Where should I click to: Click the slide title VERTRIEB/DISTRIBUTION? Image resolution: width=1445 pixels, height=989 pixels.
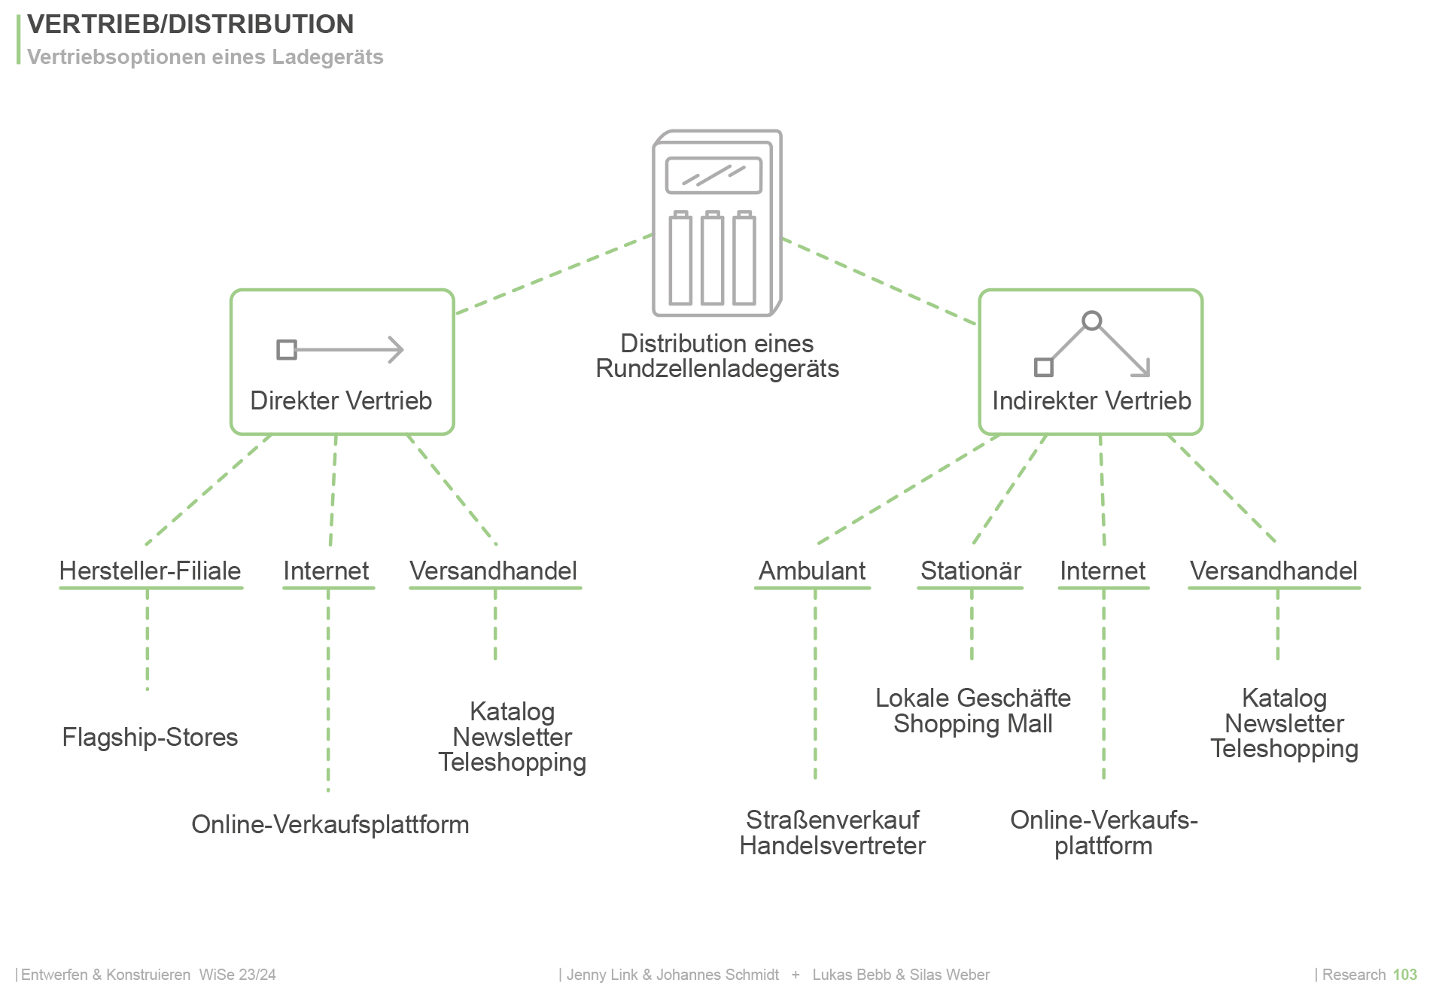pyautogui.click(x=190, y=24)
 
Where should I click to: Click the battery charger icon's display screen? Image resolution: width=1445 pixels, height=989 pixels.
pyautogui.click(x=713, y=175)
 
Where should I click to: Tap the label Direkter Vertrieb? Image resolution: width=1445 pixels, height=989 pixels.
pyautogui.click(x=341, y=400)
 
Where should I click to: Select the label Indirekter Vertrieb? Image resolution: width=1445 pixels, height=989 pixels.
pyautogui.click(x=1091, y=400)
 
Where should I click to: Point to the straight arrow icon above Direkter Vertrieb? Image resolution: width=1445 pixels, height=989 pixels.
pyautogui.click(x=341, y=349)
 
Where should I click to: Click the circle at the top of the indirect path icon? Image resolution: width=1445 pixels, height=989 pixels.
pyautogui.click(x=1091, y=321)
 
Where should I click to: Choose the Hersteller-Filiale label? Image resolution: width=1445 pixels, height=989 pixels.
pyautogui.click(x=150, y=571)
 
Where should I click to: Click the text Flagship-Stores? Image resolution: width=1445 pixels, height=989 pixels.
pyautogui.click(x=150, y=737)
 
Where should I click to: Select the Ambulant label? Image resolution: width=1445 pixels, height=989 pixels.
pyautogui.click(x=812, y=571)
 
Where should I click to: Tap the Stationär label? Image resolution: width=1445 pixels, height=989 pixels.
pyautogui.click(x=971, y=571)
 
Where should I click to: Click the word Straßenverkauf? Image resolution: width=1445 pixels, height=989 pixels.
pyautogui.click(x=832, y=820)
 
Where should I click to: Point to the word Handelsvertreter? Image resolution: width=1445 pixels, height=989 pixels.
pyautogui.click(x=832, y=845)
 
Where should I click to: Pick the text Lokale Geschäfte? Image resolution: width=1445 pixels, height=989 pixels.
pyautogui.click(x=972, y=698)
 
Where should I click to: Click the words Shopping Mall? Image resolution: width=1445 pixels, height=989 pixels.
pyautogui.click(x=972, y=723)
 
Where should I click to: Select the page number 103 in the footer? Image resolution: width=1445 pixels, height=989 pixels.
pyautogui.click(x=1404, y=975)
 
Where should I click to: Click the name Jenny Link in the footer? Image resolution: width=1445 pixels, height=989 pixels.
pyautogui.click(x=601, y=975)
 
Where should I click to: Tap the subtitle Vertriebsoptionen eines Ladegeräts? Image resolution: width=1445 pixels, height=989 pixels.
pyautogui.click(x=205, y=57)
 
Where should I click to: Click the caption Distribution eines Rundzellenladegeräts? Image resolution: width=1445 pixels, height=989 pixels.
pyautogui.click(x=716, y=356)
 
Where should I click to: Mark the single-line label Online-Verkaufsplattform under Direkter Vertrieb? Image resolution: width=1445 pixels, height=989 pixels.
pyautogui.click(x=330, y=824)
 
